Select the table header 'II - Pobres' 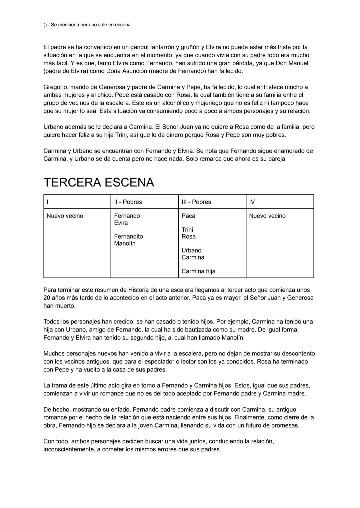click(128, 202)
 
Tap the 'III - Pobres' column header click(196, 202)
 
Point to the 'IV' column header click(252, 202)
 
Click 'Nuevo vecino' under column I click(65, 216)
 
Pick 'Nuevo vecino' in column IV click(267, 216)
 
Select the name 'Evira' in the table click(121, 223)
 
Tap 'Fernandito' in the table click(128, 237)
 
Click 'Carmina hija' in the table click(198, 271)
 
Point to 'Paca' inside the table click(188, 216)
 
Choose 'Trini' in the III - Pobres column click(187, 230)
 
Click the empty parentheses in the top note click(45, 25)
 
